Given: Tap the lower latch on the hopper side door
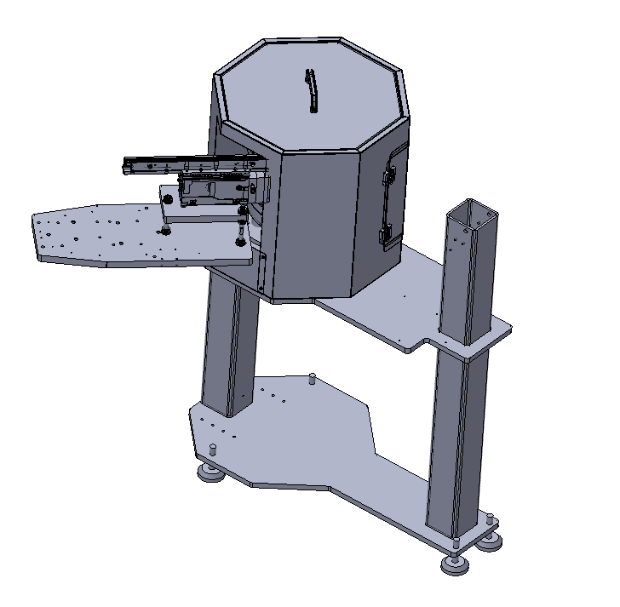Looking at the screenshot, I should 386,231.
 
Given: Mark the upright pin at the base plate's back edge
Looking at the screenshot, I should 313,378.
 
